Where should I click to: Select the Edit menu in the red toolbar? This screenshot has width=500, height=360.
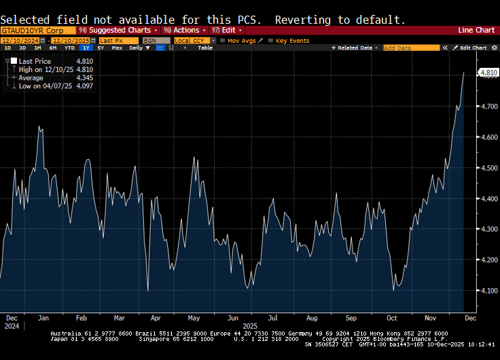pos(227,31)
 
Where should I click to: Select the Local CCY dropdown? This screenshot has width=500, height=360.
pos(194,41)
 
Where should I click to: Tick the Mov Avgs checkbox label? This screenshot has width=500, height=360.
pos(242,41)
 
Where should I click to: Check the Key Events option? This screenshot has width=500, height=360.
pos(292,41)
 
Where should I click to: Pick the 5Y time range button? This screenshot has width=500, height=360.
pos(101,48)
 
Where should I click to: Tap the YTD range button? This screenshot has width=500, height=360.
pos(69,48)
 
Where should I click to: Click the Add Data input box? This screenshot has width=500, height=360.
pos(411,48)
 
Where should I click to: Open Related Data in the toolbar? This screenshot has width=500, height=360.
pos(357,48)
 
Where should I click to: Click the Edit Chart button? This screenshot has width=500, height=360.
pos(472,48)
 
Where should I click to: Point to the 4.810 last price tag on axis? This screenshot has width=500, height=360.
pos(488,73)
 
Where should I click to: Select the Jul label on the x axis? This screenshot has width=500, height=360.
pos(273,318)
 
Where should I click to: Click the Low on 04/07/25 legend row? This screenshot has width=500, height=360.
pos(48,86)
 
